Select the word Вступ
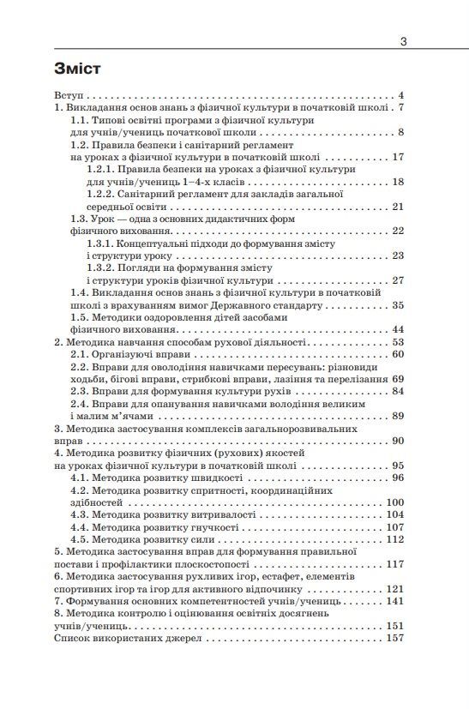tap(69, 95)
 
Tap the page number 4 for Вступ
tap(400, 95)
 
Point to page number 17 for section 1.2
tap(397, 157)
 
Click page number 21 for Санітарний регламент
tap(397, 207)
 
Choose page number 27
tap(397, 280)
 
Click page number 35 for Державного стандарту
tap(397, 305)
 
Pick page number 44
tap(397, 329)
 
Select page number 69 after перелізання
tap(397, 379)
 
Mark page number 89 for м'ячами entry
tap(397, 416)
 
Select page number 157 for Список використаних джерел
tap(394, 639)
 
